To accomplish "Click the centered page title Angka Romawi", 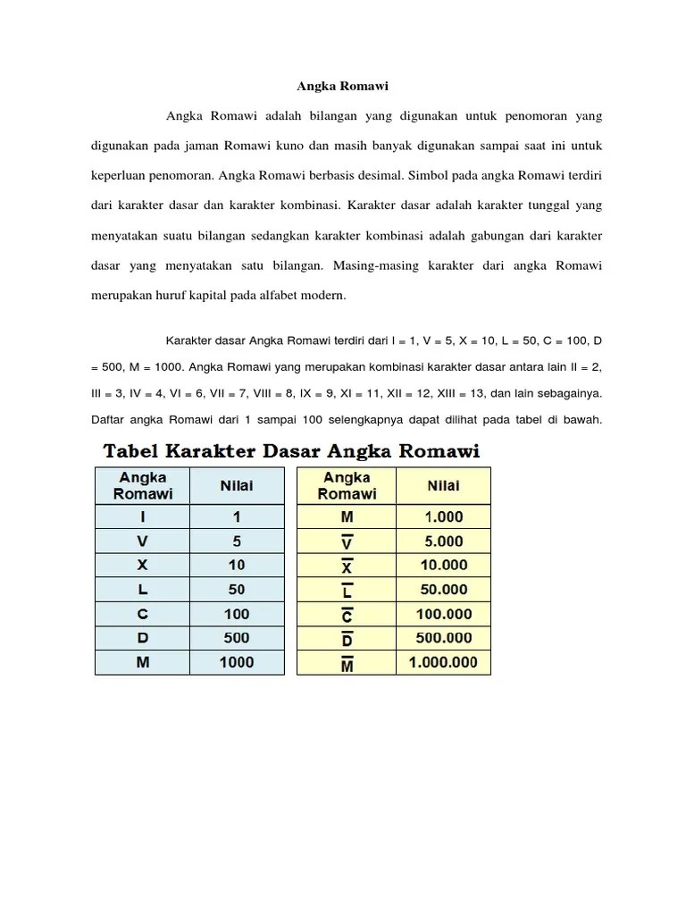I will [x=343, y=87].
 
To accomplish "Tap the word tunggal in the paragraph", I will [x=539, y=206].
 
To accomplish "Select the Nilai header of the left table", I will [x=237, y=485].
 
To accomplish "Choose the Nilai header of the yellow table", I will [x=444, y=485].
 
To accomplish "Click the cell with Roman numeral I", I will [x=143, y=516].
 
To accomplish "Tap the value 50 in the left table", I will [x=237, y=590].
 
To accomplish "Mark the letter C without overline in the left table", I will [x=143, y=614].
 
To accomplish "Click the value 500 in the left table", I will [x=237, y=638].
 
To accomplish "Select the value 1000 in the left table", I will [x=237, y=662].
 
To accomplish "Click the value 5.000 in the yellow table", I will [x=444, y=541].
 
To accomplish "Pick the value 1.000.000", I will [x=444, y=662].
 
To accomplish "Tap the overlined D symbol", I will [x=347, y=639].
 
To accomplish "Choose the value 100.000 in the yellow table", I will [x=444, y=614].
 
